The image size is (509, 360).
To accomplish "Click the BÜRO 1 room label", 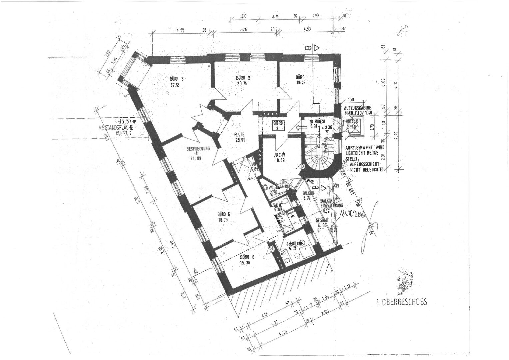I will point(302,77).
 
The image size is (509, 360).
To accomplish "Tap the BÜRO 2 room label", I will point(243,78).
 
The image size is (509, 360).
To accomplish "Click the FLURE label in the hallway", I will point(239,135).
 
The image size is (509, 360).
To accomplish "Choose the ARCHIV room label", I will point(280,155).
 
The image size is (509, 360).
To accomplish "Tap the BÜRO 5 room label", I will point(223,214).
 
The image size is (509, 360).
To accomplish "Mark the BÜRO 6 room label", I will point(247,257).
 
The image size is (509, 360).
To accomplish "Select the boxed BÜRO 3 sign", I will point(278,125).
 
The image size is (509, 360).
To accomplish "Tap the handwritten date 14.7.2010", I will point(352,214).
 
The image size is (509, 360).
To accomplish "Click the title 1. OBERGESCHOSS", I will point(401,303).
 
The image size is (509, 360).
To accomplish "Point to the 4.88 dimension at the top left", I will point(180,30).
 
